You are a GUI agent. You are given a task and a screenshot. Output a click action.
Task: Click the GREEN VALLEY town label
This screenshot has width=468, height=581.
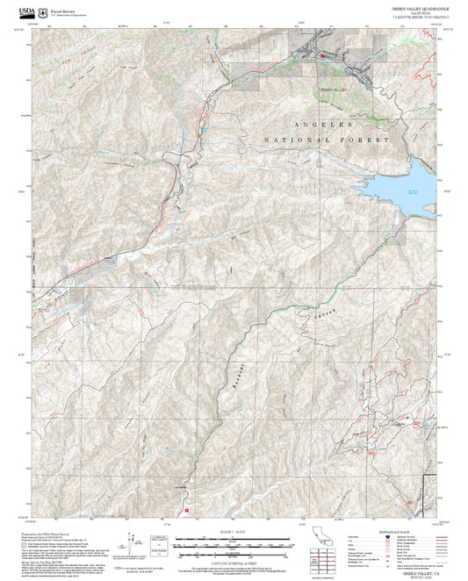click(x=333, y=90)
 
